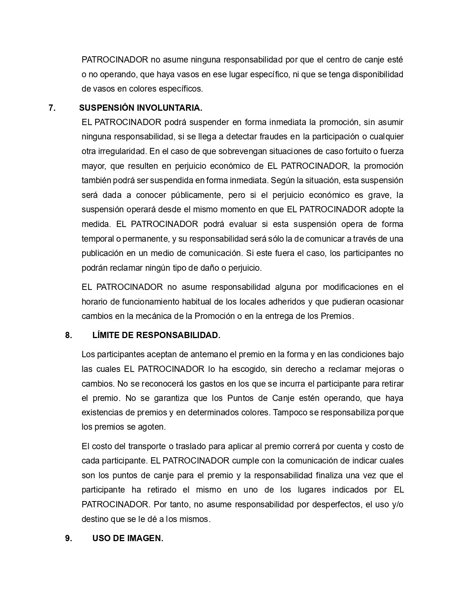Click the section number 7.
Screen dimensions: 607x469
(x=52, y=108)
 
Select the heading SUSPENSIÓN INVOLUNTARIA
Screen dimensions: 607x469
(x=141, y=108)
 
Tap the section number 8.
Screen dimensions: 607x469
(x=68, y=335)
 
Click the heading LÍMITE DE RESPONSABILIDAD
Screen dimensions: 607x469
(x=156, y=335)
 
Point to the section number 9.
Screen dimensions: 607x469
(x=68, y=538)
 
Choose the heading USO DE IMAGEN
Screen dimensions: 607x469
(x=128, y=538)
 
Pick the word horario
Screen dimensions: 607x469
(x=95, y=302)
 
